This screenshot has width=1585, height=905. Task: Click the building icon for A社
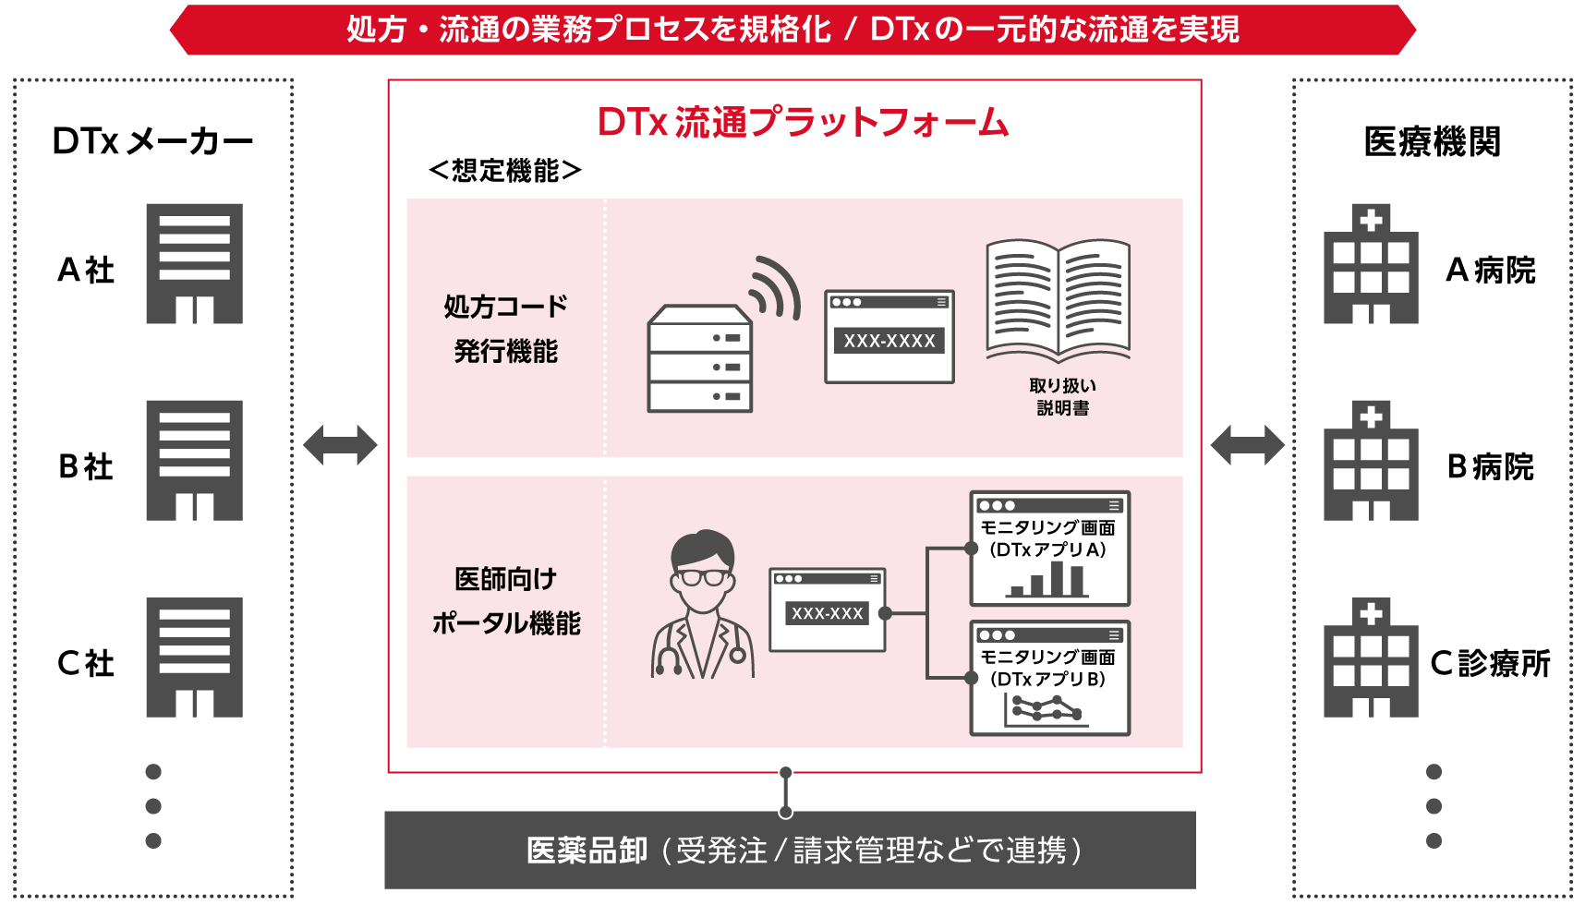pos(194,263)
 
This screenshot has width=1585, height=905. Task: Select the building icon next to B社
pos(194,460)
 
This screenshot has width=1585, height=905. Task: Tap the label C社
pos(85,663)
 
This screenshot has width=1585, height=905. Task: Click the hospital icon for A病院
pos(1371,265)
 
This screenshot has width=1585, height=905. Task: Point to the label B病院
pos(1490,467)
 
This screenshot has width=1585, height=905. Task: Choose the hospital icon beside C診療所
pos(1371,658)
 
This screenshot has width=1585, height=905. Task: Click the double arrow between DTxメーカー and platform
pos(340,445)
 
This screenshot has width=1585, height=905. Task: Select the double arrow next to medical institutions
pos(1247,445)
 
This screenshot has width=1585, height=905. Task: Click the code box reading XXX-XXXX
pos(889,341)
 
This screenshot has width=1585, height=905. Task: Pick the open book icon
pos(1059,301)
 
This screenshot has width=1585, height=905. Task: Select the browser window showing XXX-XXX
pos(827,610)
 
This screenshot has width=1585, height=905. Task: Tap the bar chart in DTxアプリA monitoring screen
pos(1048,580)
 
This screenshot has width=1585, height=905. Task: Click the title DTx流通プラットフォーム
pos(803,122)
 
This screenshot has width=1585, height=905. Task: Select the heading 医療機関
pos(1432,141)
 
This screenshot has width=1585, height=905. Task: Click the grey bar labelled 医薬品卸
pos(790,850)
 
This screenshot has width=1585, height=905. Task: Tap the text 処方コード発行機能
pos(505,328)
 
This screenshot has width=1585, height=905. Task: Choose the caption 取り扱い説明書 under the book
pos(1062,396)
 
